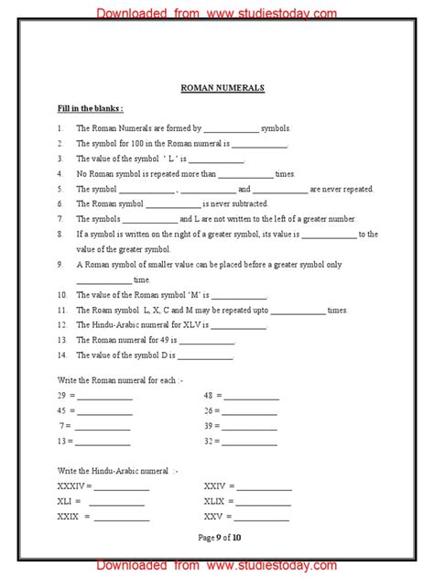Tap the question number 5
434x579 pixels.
[59, 189]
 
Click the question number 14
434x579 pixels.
[61, 355]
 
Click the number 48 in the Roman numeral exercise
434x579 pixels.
[209, 397]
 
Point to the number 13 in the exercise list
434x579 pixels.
[61, 441]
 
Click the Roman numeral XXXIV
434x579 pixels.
[71, 486]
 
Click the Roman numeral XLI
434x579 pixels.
[65, 501]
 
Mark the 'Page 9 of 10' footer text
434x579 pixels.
[217, 537]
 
